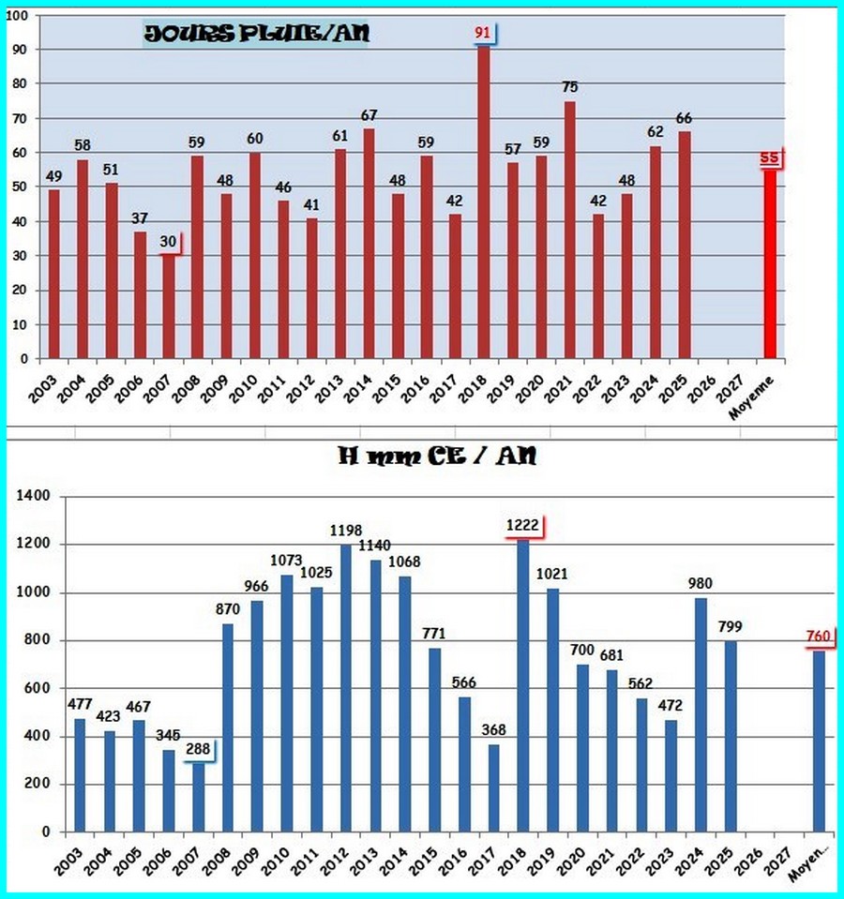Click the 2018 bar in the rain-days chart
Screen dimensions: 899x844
(484, 202)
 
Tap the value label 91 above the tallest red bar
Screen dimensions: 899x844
(483, 33)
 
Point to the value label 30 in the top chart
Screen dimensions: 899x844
(167, 241)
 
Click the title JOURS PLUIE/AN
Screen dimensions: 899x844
(256, 35)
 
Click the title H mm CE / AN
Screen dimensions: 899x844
(438, 457)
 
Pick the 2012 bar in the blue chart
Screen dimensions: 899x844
(346, 689)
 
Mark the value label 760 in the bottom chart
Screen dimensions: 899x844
(819, 637)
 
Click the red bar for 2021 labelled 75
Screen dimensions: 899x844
(569, 230)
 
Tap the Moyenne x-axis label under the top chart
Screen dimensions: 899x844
(764, 387)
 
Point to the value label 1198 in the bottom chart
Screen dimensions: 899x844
(346, 531)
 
